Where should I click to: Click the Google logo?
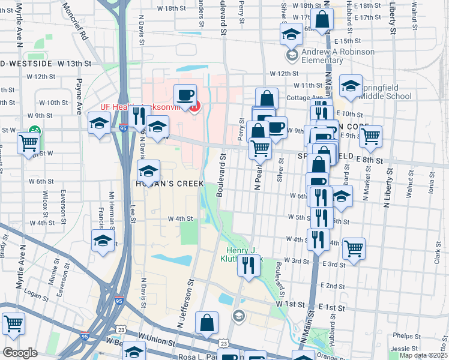[x=20, y=353]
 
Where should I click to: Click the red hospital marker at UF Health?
[x=194, y=107]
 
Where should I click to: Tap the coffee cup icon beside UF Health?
[x=185, y=95]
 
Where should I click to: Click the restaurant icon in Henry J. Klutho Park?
[x=248, y=264]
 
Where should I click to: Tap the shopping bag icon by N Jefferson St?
[x=206, y=323]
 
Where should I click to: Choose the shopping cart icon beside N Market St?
[x=370, y=136]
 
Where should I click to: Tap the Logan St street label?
[x=35, y=296]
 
